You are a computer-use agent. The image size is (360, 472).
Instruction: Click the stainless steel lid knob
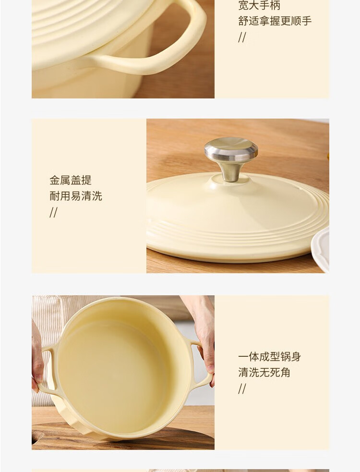231,158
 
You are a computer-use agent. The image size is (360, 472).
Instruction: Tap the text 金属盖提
71,180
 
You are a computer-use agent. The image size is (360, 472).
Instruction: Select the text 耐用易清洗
76,196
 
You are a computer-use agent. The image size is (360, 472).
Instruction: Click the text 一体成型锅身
270,356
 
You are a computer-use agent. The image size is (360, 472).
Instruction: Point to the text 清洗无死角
264,372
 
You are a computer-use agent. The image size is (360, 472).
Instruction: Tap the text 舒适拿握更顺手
275,21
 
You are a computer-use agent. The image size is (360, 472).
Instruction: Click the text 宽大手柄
259,5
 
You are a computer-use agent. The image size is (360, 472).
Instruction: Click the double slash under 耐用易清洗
53,213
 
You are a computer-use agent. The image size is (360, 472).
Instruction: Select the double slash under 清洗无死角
242,388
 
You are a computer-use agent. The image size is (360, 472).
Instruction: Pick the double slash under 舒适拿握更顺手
242,37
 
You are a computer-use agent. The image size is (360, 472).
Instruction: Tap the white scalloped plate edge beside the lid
321,249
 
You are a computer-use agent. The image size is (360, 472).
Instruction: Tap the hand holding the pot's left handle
37,361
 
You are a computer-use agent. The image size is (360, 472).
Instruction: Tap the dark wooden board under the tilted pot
120,439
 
